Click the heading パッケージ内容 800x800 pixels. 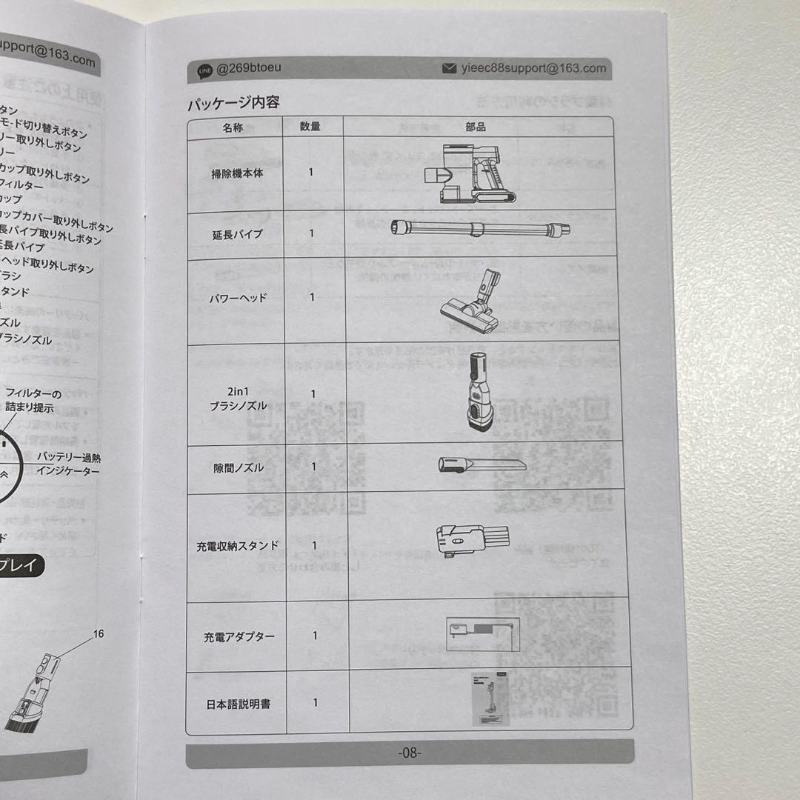[233, 103]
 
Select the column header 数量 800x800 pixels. [310, 127]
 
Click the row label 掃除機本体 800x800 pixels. [236, 175]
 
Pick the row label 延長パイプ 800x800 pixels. [238, 234]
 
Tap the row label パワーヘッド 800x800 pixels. [239, 298]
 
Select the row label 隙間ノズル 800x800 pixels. [238, 467]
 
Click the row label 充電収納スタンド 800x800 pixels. [238, 546]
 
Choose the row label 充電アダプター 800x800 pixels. [239, 636]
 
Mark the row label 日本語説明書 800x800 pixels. [239, 704]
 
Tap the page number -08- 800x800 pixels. [409, 753]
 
